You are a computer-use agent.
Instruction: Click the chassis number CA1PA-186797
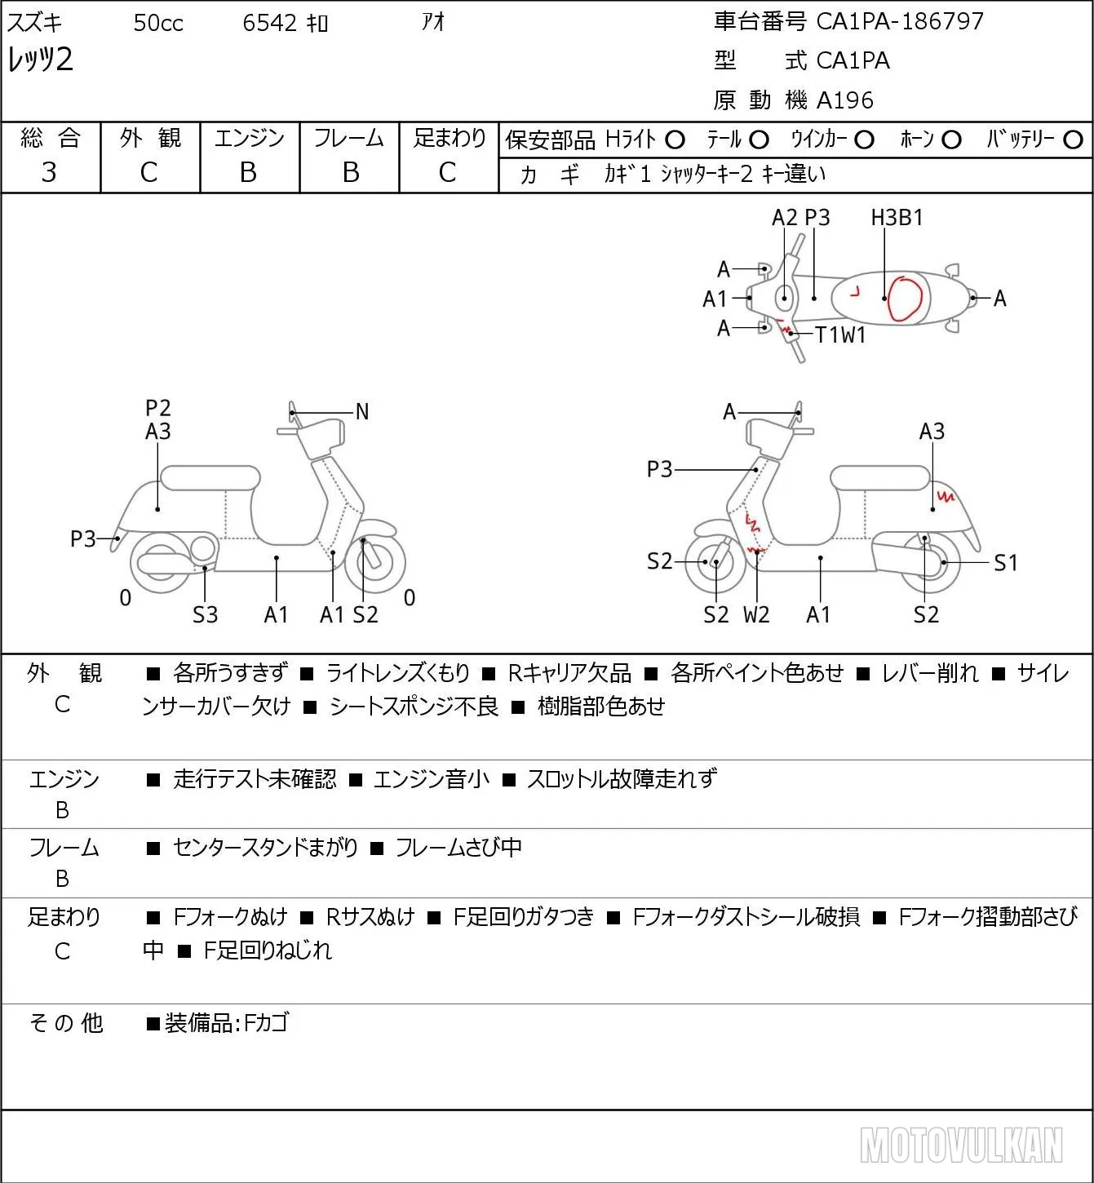(x=900, y=21)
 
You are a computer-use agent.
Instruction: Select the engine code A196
(x=845, y=100)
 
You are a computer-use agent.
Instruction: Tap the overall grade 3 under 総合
(x=49, y=172)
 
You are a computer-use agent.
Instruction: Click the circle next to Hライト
(x=675, y=140)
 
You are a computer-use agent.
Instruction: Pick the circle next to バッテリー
(x=1073, y=140)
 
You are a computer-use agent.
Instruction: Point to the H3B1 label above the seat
(x=897, y=217)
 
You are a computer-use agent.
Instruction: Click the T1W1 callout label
(x=840, y=335)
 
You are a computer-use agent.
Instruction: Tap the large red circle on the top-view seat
(x=906, y=299)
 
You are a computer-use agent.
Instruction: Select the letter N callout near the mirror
(x=361, y=412)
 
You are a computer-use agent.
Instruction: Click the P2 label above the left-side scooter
(x=158, y=408)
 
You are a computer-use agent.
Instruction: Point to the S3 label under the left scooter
(x=205, y=614)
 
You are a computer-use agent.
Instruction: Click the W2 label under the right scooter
(x=756, y=614)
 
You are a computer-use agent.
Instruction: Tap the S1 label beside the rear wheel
(x=1006, y=562)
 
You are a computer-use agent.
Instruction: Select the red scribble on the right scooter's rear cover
(x=946, y=495)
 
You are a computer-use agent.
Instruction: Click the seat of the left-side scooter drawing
(x=210, y=478)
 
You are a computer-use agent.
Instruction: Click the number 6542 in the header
(x=269, y=23)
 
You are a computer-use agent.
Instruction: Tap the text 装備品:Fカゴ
(x=227, y=1023)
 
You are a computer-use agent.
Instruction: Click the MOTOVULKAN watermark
(x=962, y=1145)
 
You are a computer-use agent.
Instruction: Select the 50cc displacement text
(x=158, y=23)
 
